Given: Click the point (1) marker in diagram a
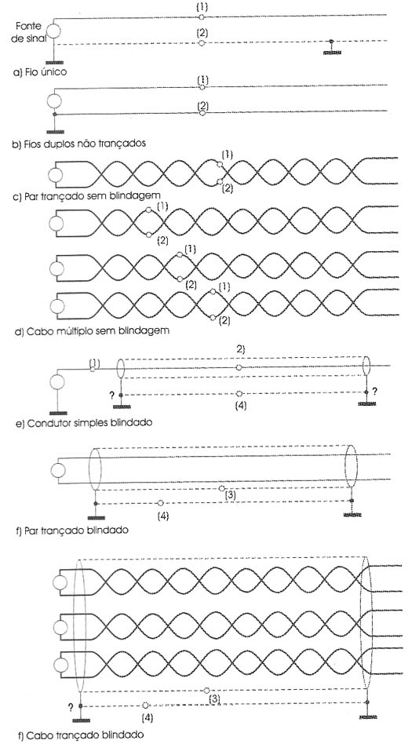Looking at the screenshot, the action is (201, 17).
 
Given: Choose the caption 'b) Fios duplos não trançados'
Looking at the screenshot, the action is (78, 144).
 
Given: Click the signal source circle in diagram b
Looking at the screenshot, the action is (55, 101).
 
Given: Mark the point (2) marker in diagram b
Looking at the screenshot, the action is (202, 113).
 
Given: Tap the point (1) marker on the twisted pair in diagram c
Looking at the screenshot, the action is (219, 165).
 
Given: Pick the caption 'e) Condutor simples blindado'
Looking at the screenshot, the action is (83, 421).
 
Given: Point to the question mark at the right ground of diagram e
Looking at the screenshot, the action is (374, 392).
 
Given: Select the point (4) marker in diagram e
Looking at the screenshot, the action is (239, 393).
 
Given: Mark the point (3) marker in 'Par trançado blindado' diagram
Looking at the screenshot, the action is (221, 488).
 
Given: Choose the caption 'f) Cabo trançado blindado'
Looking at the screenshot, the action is (80, 735).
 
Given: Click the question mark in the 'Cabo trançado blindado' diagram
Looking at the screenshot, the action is (71, 707).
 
